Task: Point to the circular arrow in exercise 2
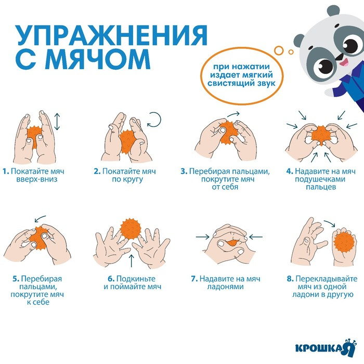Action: click(x=155, y=121)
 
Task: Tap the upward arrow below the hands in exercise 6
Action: click(x=131, y=259)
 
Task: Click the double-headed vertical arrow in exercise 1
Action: click(x=57, y=122)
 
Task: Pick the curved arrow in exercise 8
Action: click(x=329, y=223)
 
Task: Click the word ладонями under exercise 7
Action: click(x=231, y=287)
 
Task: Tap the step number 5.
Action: click(x=16, y=279)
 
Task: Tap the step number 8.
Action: click(x=290, y=279)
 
